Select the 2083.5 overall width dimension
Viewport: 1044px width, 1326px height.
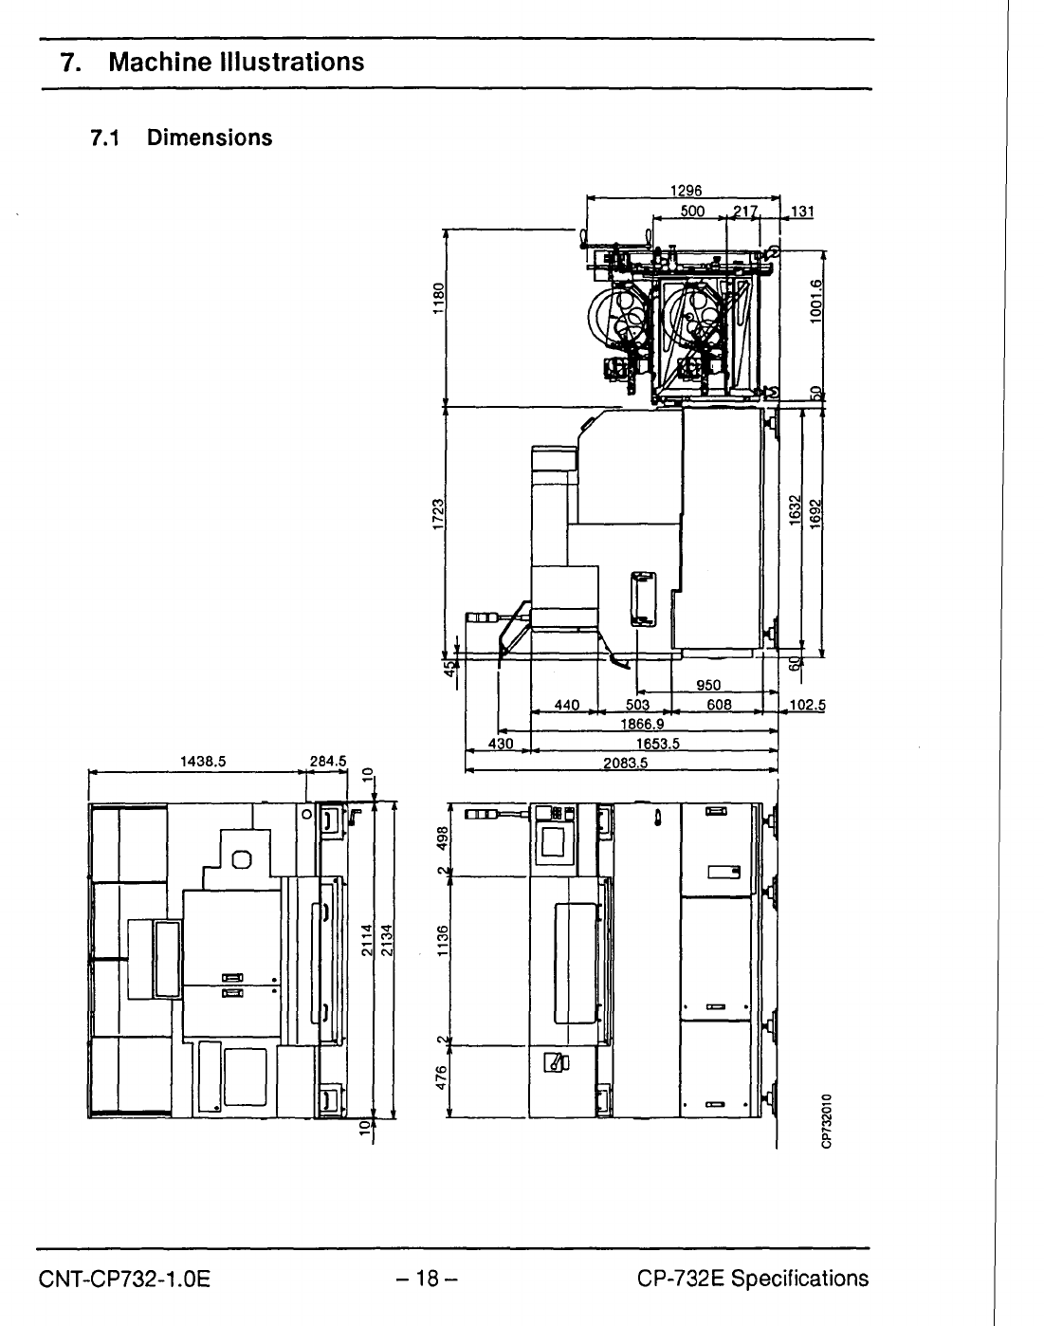[626, 764]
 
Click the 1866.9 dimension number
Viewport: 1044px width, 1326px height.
[641, 724]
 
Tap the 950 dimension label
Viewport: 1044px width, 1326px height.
[708, 685]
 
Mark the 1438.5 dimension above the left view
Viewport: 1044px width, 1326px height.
[201, 760]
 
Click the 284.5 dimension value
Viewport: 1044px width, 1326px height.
[329, 760]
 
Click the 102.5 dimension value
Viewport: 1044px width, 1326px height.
[808, 705]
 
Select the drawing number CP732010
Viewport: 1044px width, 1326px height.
[827, 1120]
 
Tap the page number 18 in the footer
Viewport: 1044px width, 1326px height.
[428, 1279]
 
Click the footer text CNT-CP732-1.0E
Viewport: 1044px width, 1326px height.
[124, 1279]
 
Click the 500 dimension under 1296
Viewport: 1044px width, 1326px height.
[693, 211]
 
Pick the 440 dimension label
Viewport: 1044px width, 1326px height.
[566, 705]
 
